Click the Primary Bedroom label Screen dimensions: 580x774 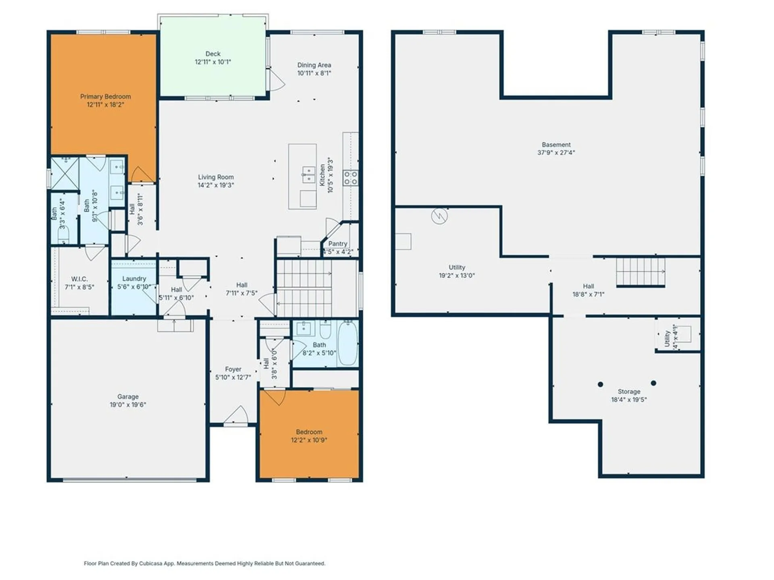[x=105, y=97]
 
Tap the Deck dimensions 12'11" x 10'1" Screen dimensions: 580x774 [x=213, y=62]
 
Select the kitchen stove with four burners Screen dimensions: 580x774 [x=350, y=178]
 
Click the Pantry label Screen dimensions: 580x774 [x=337, y=244]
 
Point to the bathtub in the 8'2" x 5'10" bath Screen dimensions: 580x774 [x=347, y=343]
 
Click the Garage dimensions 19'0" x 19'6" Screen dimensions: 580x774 [x=128, y=405]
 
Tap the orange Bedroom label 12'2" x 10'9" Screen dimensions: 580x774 [x=309, y=432]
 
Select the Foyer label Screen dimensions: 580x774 [x=233, y=369]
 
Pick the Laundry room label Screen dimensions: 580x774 [x=134, y=279]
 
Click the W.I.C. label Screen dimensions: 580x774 [x=79, y=279]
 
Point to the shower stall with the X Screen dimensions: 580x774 [x=64, y=173]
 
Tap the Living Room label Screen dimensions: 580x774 [x=216, y=177]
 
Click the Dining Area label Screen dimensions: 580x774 [x=314, y=65]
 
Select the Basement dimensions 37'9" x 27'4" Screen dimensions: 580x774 [x=556, y=153]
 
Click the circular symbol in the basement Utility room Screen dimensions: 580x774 [x=439, y=216]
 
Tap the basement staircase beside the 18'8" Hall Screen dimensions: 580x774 [x=640, y=272]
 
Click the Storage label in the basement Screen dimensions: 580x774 [x=629, y=391]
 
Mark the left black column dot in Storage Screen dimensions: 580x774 [x=600, y=384]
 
